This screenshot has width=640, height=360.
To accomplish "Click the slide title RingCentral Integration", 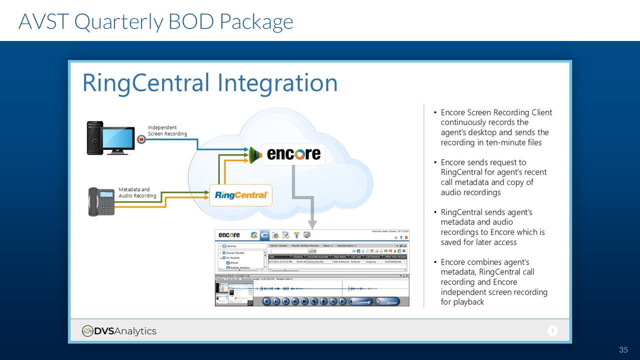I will click(209, 83).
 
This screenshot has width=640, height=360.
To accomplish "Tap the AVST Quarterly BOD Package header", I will click(155, 21).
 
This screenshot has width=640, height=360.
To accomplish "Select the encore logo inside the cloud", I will click(293, 154).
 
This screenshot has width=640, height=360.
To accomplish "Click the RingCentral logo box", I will click(240, 195).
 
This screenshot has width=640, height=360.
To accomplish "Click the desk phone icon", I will click(101, 201).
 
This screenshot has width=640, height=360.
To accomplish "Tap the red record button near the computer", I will click(141, 139).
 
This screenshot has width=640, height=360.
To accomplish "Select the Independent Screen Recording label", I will click(167, 130).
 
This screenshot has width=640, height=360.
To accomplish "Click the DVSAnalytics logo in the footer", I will click(119, 331).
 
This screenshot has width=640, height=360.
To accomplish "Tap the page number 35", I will click(623, 350).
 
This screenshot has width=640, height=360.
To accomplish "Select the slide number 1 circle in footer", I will click(552, 331).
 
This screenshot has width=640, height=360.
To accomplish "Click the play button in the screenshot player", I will click(266, 301).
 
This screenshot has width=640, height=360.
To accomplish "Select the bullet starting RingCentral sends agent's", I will click(492, 227).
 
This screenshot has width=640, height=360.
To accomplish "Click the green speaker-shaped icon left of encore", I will click(255, 154).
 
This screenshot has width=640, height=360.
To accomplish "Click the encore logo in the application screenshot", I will click(229, 235).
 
